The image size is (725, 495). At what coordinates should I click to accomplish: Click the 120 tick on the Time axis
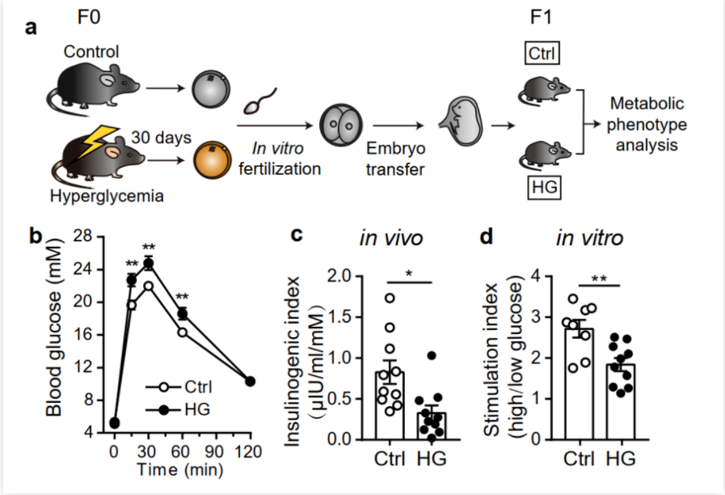251,451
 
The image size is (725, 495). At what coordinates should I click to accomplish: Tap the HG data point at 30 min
148,263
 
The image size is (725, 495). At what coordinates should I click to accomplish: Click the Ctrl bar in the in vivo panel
392,405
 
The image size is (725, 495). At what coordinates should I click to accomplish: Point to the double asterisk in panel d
599,278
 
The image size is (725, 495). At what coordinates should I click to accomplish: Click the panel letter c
297,235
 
